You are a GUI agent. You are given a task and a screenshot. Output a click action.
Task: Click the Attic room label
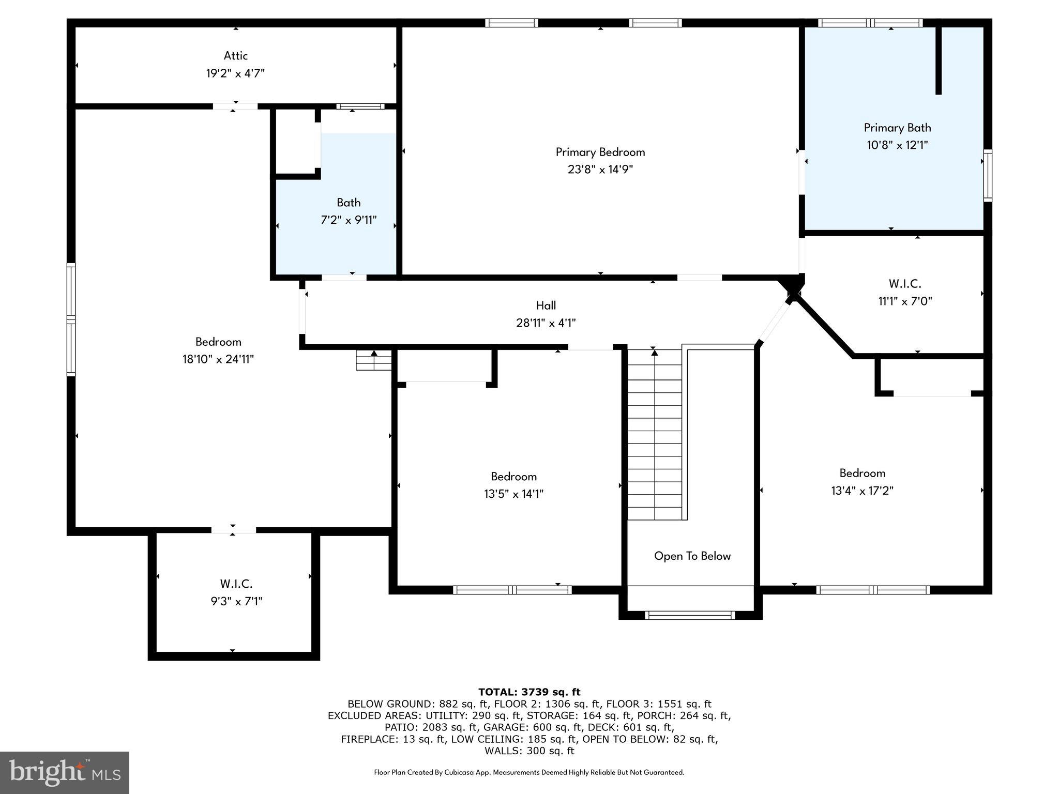pos(235,56)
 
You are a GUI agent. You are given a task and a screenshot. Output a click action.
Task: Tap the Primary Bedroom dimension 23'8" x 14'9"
pos(600,170)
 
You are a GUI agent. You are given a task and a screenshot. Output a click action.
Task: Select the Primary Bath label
pos(897,128)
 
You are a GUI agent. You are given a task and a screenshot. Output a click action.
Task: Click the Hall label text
pos(546,306)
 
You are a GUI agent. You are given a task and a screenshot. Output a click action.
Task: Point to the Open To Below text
pos(692,556)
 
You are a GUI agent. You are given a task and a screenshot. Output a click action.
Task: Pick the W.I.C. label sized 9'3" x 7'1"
pos(236,584)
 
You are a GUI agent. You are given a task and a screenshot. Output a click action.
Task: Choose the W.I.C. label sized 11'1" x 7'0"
pos(904,284)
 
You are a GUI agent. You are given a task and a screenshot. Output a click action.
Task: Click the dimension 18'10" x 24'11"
pos(218,359)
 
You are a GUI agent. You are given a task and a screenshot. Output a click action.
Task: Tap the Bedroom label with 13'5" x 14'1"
pos(513,477)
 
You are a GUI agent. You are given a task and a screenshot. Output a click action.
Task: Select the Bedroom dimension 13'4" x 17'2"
pos(862,491)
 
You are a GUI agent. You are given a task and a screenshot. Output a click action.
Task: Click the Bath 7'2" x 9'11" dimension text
pos(349,220)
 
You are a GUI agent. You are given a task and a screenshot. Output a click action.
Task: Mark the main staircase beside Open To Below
pos(655,434)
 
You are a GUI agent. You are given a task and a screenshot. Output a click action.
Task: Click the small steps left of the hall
pos(373,360)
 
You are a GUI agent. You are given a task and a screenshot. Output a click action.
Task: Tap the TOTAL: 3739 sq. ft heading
pos(529,692)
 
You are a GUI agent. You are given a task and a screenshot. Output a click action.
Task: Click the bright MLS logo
pos(64,772)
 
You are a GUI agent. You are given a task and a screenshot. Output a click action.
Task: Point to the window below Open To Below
pos(690,615)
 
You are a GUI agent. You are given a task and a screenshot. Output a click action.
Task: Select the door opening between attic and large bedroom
pos(235,106)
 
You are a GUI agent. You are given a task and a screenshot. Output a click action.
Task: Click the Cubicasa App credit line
pos(529,772)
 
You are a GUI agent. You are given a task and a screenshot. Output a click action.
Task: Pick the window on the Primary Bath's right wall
pos(987,175)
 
